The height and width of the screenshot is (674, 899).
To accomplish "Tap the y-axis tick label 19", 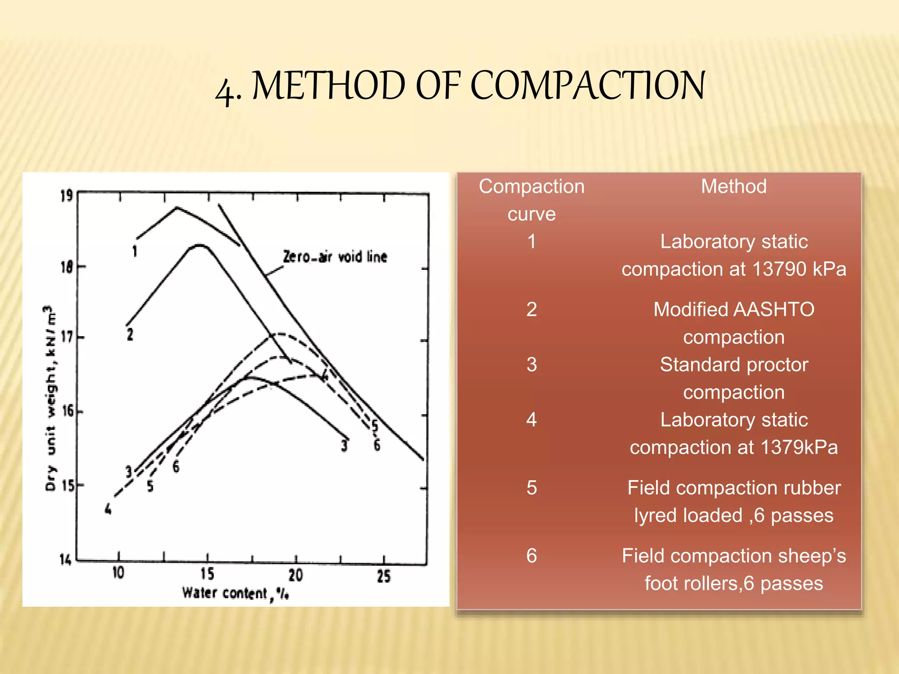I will (x=67, y=196).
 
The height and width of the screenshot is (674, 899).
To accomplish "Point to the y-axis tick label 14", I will (x=65, y=559).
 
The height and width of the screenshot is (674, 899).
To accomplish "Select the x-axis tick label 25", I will (x=383, y=576).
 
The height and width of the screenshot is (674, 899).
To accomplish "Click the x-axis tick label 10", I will (x=118, y=573).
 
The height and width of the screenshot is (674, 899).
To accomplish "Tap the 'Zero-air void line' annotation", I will (x=335, y=257).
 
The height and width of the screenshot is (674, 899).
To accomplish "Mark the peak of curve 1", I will (x=177, y=207).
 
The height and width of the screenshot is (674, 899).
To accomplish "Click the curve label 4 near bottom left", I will (x=108, y=509).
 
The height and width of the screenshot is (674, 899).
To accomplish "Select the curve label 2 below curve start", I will (x=130, y=334).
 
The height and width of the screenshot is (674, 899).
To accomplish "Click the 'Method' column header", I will (x=734, y=186).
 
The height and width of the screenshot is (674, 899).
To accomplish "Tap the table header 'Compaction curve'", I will (x=532, y=200).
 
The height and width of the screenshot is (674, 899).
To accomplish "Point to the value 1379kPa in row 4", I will (x=799, y=448).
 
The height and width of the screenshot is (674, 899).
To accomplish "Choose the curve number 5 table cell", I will (x=532, y=488).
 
